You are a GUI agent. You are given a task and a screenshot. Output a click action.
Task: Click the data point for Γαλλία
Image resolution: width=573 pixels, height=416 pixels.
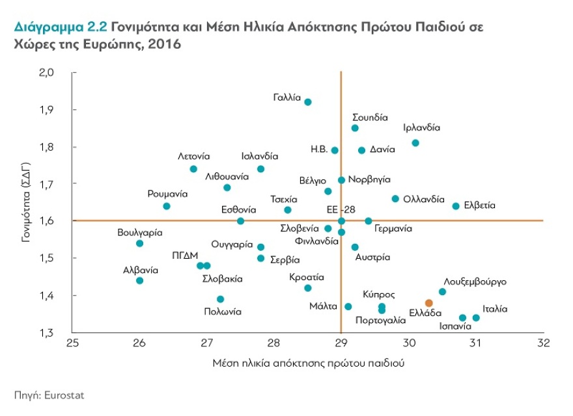(x=308, y=102)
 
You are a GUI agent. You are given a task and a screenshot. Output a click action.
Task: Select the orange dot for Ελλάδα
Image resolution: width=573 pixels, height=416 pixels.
(x=428, y=303)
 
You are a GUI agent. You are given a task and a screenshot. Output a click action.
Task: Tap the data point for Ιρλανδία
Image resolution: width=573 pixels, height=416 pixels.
(x=415, y=143)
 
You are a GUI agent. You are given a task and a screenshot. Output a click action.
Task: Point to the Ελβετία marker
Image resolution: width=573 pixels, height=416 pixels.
(x=456, y=206)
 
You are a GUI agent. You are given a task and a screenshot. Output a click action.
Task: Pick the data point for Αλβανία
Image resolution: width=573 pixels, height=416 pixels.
(x=139, y=281)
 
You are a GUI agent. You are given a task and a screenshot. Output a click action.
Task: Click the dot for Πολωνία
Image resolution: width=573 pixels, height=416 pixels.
(x=220, y=299)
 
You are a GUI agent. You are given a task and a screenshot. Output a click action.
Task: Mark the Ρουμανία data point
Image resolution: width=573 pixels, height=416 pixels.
(x=167, y=206)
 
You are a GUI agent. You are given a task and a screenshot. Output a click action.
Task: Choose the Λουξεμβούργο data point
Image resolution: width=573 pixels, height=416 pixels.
(x=442, y=292)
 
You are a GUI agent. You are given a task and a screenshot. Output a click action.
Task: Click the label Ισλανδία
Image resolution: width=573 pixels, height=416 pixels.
(x=259, y=157)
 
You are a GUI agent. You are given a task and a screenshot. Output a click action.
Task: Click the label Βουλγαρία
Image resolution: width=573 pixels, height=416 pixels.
(x=140, y=232)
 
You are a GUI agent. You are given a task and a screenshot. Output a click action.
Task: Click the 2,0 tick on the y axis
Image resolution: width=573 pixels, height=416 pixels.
(x=60, y=72)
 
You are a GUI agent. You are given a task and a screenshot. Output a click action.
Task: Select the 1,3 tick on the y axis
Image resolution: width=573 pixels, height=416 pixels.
(x=60, y=333)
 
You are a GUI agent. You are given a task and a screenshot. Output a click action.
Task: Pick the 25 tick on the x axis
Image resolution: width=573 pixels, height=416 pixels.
(x=72, y=343)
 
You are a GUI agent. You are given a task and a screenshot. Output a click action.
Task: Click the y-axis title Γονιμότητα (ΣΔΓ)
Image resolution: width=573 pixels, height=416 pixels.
(x=26, y=202)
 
